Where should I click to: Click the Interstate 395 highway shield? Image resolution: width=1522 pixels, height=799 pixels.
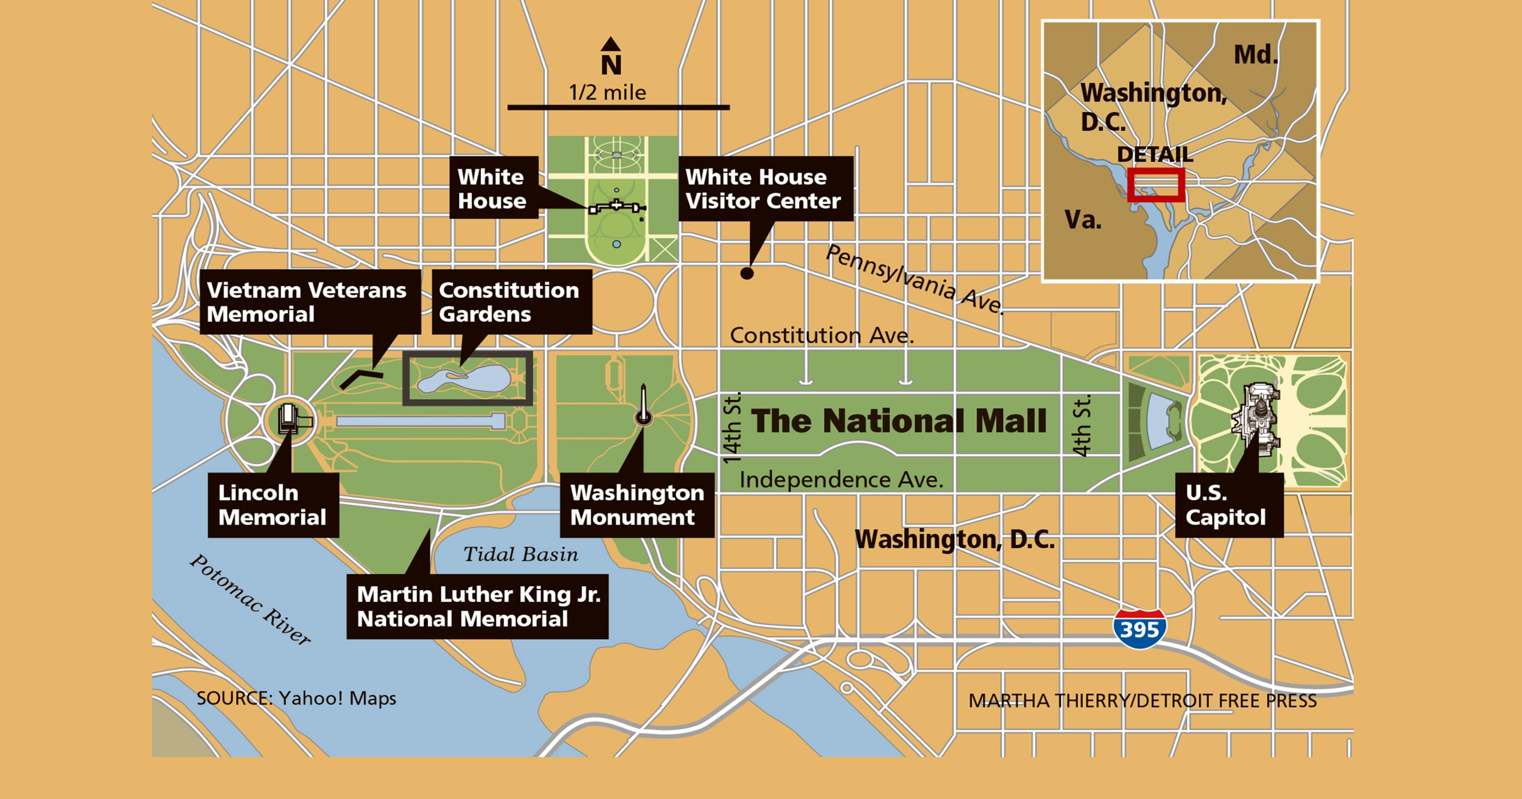pos(1139,629)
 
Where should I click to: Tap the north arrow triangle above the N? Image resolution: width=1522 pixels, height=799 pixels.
pos(610,44)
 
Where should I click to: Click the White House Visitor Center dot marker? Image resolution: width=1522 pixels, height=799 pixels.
pos(747,273)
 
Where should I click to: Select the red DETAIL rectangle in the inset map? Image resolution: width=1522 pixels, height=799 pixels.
pos(1156,185)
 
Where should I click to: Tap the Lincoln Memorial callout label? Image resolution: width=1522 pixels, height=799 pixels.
pos(273,505)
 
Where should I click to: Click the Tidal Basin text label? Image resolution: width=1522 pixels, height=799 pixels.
pos(520,555)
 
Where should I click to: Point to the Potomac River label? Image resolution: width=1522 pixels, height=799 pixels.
pos(250,599)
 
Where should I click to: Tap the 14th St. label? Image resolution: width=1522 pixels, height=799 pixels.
pos(732,427)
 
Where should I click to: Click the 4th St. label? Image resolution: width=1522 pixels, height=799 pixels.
pos(1082,426)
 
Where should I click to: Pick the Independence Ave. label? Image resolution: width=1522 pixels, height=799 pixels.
pos(841,479)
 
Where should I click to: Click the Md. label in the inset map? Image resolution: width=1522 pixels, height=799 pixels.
pos(1256,55)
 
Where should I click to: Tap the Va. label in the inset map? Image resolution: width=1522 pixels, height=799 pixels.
pos(1083,220)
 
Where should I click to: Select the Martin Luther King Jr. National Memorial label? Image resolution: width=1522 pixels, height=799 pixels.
pos(478,606)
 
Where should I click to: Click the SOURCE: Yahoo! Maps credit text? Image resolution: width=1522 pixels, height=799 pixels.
pos(296,698)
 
